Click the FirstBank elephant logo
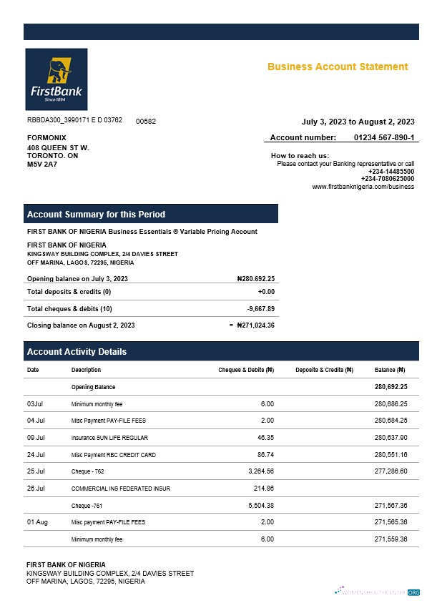pyautogui.click(x=56, y=79)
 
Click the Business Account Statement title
pyautogui.click(x=338, y=67)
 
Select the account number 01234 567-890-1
pyautogui.click(x=383, y=137)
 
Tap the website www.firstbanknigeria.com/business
pyautogui.click(x=363, y=187)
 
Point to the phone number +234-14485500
pyautogui.click(x=391, y=172)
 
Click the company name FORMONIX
pyautogui.click(x=46, y=137)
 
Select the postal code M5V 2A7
pyautogui.click(x=41, y=165)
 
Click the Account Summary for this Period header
pyautogui.click(x=96, y=215)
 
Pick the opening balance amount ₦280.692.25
pyautogui.click(x=255, y=279)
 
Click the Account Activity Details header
pyautogui.click(x=77, y=352)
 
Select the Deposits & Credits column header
pyautogui.click(x=324, y=371)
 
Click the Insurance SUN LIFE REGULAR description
pyautogui.click(x=109, y=438)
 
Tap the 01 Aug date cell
pyautogui.click(x=37, y=523)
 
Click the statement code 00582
pyautogui.click(x=146, y=122)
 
